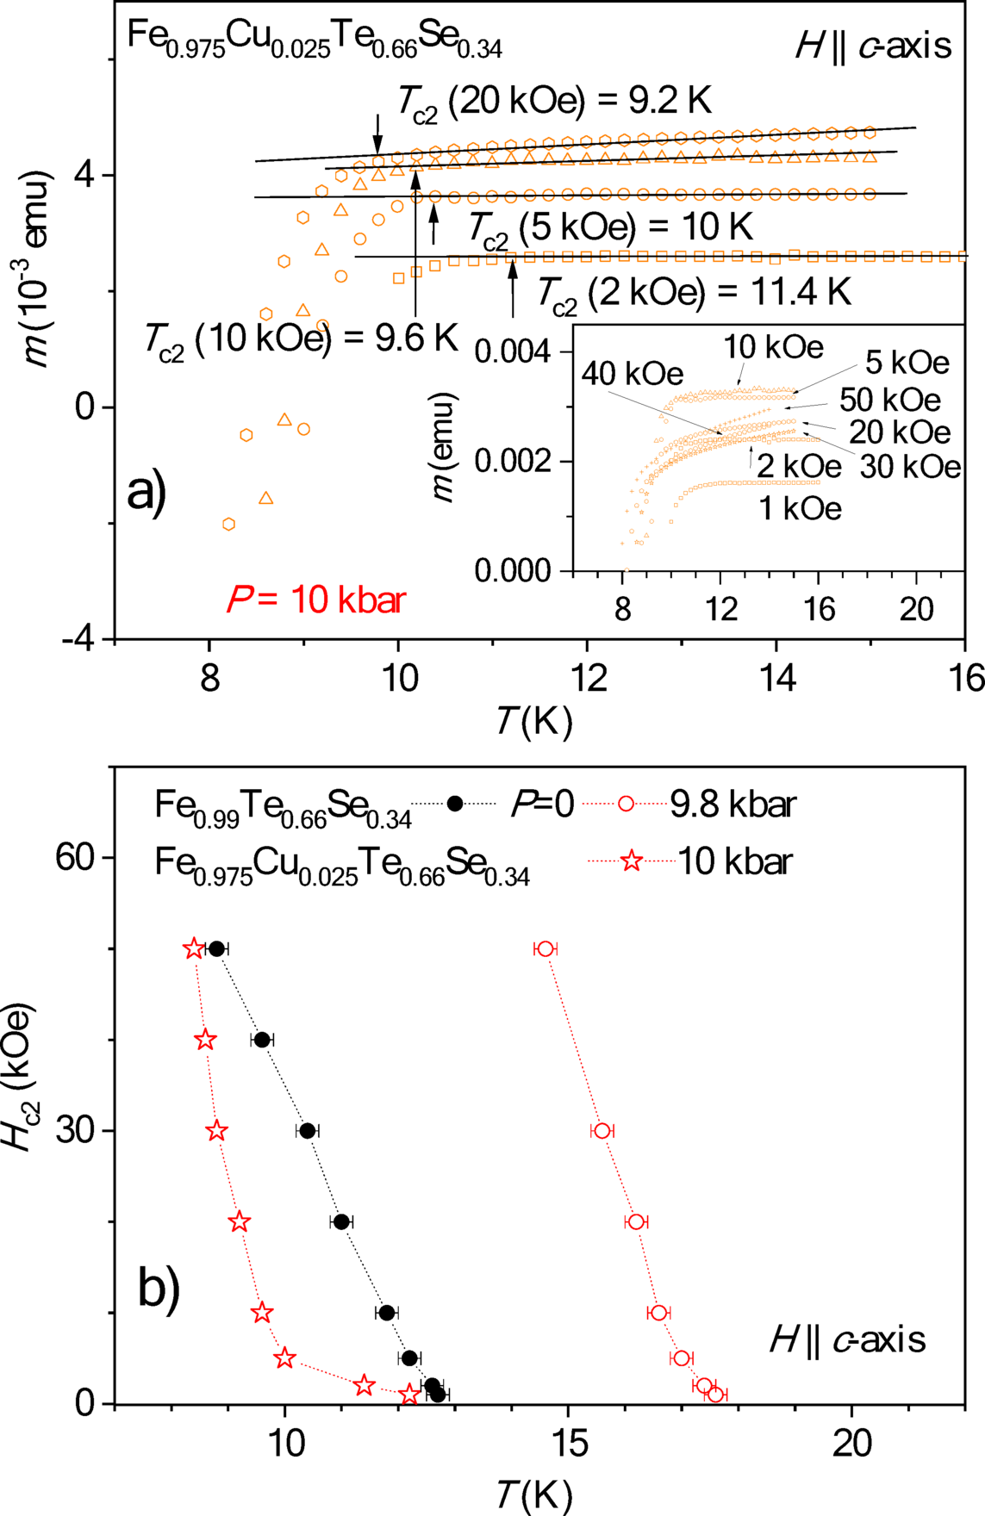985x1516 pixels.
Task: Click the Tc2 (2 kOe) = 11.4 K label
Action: (695, 293)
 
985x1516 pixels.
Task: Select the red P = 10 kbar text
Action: (315, 600)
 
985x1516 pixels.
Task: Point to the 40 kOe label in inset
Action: (632, 374)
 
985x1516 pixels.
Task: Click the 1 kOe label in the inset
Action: (799, 509)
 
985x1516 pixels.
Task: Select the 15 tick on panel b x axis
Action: (567, 1443)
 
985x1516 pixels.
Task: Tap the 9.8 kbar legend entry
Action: (733, 804)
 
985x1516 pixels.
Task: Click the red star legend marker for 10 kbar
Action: (632, 861)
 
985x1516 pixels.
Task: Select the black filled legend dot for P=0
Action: (455, 804)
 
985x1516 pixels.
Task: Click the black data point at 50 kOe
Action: (216, 948)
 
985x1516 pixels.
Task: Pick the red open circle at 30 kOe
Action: (602, 1130)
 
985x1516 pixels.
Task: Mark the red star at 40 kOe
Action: (204, 1040)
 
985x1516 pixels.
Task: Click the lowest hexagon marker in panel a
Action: (228, 525)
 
